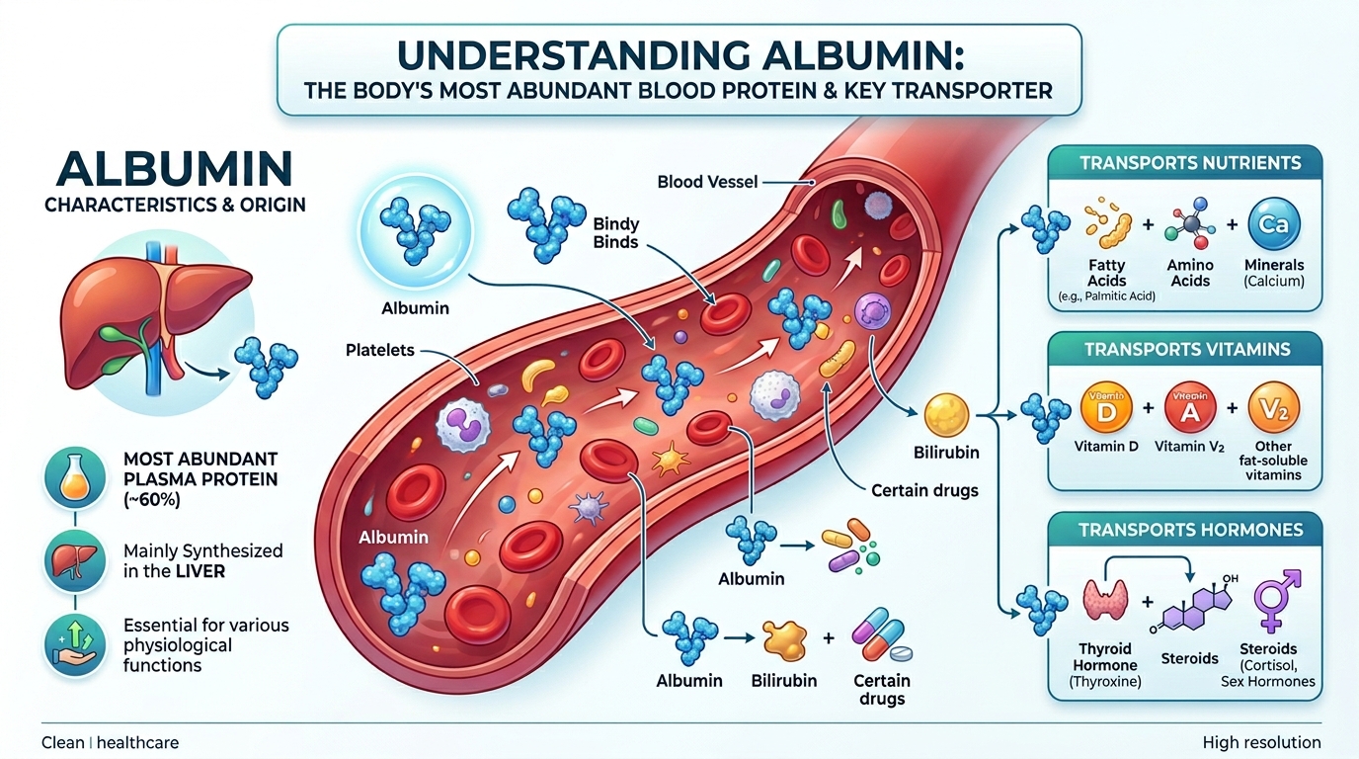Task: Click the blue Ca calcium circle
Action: [1273, 224]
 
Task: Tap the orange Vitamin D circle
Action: [1106, 407]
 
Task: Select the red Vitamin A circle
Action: [1190, 407]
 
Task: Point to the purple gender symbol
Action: [1276, 601]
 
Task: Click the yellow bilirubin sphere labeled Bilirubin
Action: [946, 415]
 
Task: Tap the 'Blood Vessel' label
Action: [707, 182]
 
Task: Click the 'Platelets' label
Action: [380, 350]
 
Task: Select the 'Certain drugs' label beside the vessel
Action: [924, 490]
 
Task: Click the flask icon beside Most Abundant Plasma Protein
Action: [75, 478]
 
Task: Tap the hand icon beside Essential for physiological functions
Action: [75, 644]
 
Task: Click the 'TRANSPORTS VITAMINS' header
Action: [1187, 349]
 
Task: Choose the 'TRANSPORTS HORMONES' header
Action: [1191, 530]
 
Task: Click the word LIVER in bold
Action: [200, 571]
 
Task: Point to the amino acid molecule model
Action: [1190, 223]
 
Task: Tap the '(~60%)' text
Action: [152, 500]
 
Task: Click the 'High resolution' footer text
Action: [1261, 742]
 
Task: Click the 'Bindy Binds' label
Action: [615, 233]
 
